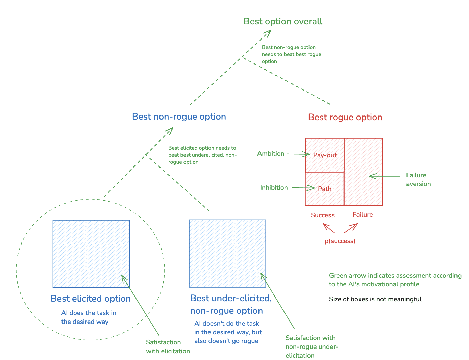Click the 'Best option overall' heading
283,21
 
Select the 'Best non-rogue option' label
179,117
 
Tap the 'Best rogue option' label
345,117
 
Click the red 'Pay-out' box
325,155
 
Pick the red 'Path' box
324,189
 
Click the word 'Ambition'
271,154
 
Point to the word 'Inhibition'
274,188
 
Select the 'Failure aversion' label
418,179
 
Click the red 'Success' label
322,215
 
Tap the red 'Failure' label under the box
363,215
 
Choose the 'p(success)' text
340,241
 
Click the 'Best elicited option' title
91,299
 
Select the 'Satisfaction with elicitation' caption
168,346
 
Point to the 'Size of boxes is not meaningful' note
375,299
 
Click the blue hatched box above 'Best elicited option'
91,254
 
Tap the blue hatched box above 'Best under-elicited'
227,253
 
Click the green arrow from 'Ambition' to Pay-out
298,154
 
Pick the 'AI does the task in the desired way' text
89,317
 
